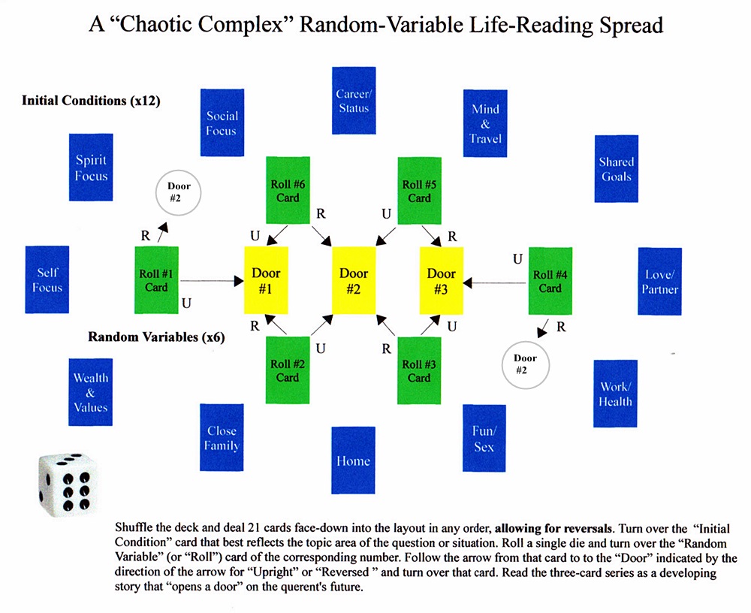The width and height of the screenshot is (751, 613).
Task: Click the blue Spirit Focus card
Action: pos(91,168)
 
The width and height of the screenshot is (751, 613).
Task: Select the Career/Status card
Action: pos(353,101)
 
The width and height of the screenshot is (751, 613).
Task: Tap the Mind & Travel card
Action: pos(485,123)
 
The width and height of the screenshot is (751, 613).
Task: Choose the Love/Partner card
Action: pos(659,281)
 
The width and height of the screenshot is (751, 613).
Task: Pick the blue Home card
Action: pos(353,460)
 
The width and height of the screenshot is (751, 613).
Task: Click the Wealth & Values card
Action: pos(90,392)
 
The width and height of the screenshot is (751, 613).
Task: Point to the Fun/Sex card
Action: pos(484,438)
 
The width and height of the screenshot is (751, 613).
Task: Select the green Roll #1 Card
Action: pos(156,280)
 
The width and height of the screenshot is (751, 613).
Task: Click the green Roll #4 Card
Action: pos(550,280)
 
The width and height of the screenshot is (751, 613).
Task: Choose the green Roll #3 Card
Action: pos(419,370)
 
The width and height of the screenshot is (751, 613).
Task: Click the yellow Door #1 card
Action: pos(266,280)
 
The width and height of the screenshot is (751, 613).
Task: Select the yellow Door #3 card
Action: pos(441,280)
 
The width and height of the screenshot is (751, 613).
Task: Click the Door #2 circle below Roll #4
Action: pos(525,365)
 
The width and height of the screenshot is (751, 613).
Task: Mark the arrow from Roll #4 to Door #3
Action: pos(496,283)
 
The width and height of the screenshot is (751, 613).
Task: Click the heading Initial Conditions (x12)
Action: pos(91,101)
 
